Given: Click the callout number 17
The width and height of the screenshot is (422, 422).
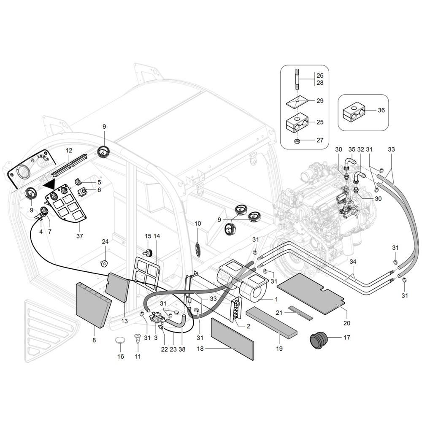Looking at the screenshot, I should point(346,338).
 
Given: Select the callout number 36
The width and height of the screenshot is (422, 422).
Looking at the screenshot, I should point(381,111).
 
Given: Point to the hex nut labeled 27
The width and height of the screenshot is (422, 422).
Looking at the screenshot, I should point(297,141).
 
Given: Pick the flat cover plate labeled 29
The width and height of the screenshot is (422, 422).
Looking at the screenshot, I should point(297,101).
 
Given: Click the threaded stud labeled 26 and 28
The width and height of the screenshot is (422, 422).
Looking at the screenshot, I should point(297,81).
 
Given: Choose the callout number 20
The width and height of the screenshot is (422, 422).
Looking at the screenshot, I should point(347,323).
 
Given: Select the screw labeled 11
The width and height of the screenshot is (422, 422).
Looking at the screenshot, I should point(138,338).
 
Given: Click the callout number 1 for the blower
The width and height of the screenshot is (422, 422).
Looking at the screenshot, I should point(276,299).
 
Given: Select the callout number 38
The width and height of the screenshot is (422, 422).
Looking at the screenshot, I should point(182,349).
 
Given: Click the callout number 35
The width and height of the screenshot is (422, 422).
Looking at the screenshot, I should point(352,149).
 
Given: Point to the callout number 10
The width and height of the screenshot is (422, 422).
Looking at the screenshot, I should point(197,223).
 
